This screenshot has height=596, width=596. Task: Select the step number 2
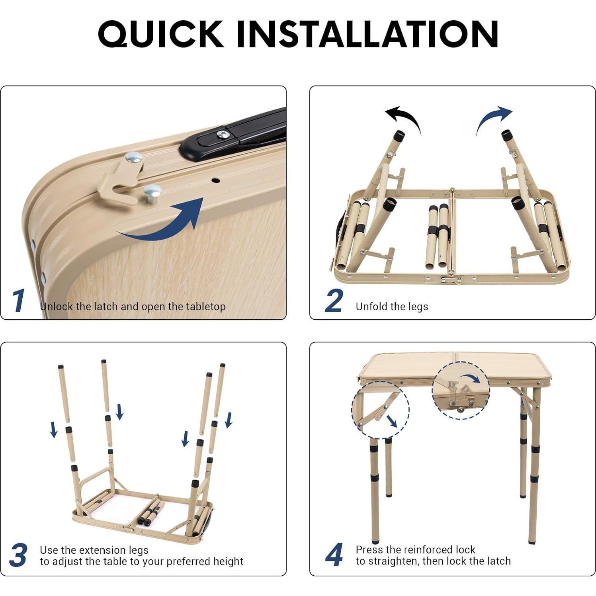point(334,301)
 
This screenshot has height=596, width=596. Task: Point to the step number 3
point(18,555)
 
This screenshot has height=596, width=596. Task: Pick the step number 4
point(334,555)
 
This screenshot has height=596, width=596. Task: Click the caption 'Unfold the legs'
point(392,307)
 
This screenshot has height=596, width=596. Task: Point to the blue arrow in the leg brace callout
point(391,421)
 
